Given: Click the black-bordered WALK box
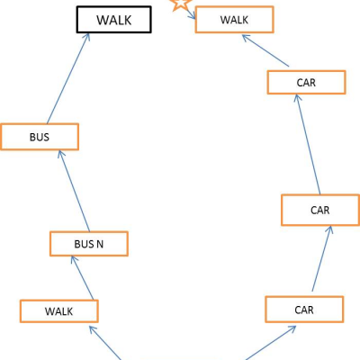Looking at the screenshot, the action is pyautogui.click(x=114, y=20).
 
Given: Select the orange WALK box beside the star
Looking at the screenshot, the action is pyautogui.click(x=234, y=20).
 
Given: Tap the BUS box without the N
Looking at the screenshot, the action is pyautogui.click(x=40, y=137).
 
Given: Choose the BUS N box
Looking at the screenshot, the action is pyautogui.click(x=89, y=244).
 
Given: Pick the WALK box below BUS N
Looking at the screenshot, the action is pyautogui.click(x=59, y=311).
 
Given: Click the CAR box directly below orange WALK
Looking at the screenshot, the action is pyautogui.click(x=306, y=83).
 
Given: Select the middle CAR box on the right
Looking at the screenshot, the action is pyautogui.click(x=320, y=210).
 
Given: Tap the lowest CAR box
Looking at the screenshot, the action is pyautogui.click(x=304, y=310).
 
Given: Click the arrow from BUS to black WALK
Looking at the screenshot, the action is pyautogui.click(x=68, y=78).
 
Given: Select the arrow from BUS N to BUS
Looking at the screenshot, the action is pyautogui.click(x=74, y=191).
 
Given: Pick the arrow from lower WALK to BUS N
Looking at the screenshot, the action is pyautogui.click(x=83, y=277).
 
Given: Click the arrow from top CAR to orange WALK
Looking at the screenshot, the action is pyautogui.click(x=265, y=50).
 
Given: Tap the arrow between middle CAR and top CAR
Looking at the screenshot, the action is pyautogui.click(x=308, y=144).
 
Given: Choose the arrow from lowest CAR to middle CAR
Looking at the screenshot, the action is pyautogui.click(x=322, y=258).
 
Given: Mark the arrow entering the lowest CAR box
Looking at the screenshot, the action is pyautogui.click(x=271, y=343).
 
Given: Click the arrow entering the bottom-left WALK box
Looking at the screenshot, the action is pyautogui.click(x=105, y=343).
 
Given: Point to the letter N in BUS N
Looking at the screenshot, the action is pyautogui.click(x=99, y=244).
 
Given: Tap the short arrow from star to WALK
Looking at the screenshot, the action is pyautogui.click(x=192, y=14).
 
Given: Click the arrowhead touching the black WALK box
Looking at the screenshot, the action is pyautogui.click(x=87, y=37).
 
